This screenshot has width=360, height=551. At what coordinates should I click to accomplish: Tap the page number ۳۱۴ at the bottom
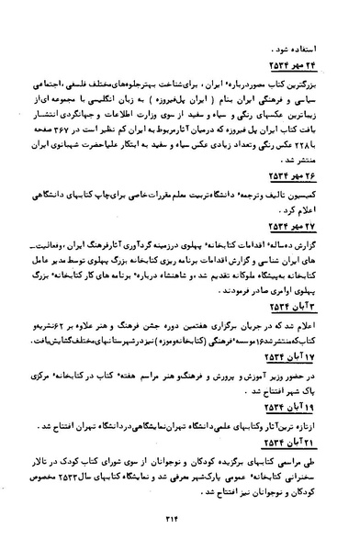(x=181, y=521)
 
